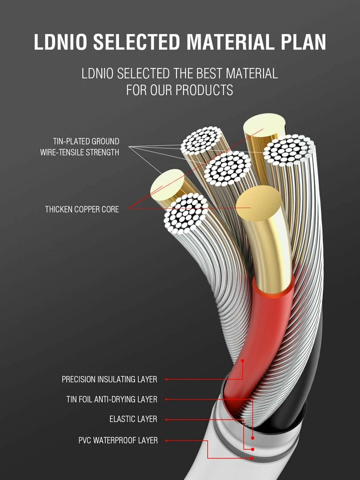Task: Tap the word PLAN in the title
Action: [x=304, y=42]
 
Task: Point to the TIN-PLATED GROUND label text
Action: [x=86, y=141]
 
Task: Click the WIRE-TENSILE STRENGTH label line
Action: [x=80, y=152]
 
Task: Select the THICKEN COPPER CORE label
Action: [x=82, y=209]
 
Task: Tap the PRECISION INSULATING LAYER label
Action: [x=109, y=380]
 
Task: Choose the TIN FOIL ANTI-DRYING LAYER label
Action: [x=112, y=400]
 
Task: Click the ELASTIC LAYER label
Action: [x=133, y=419]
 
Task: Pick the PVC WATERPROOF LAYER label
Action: [x=118, y=440]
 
